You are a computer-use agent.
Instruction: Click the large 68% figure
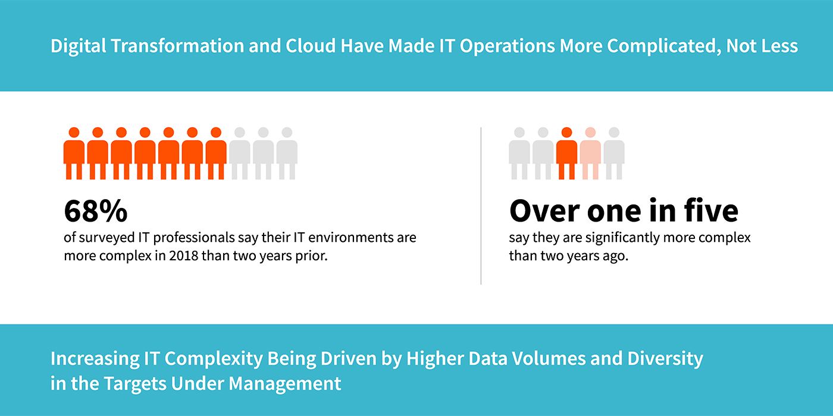(96, 211)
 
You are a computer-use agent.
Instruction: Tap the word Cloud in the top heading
(310, 46)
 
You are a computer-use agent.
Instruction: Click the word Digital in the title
(78, 46)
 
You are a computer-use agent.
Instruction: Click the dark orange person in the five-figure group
(566, 153)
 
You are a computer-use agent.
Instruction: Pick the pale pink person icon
(590, 153)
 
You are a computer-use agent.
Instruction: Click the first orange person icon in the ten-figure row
(74, 153)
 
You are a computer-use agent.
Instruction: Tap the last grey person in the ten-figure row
(287, 153)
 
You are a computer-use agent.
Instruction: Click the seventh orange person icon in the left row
(216, 153)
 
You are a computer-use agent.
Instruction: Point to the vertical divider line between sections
(481, 206)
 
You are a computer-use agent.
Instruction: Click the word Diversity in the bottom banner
(665, 359)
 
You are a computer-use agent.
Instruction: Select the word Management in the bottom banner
(285, 384)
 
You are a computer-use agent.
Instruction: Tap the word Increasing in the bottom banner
(95, 359)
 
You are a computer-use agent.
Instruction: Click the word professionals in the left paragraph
(194, 238)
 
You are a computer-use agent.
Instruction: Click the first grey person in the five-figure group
(519, 153)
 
